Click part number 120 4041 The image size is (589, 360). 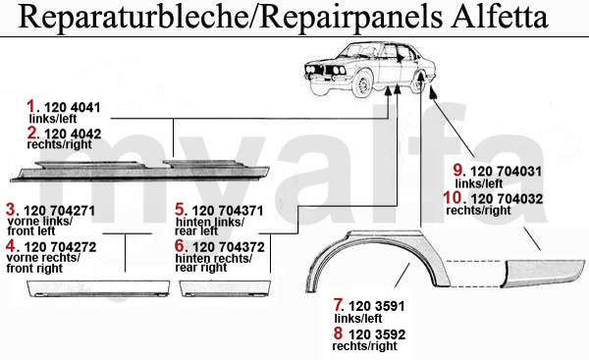(x=73, y=108)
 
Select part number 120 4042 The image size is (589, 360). (x=73, y=134)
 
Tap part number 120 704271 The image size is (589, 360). (x=59, y=211)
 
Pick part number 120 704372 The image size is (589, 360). (x=229, y=247)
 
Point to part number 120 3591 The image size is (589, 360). (x=376, y=306)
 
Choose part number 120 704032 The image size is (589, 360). (x=507, y=199)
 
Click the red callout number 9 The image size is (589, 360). (x=458, y=170)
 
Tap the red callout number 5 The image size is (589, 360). (x=180, y=210)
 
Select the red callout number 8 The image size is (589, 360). (x=338, y=333)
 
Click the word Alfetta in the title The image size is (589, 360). (x=499, y=18)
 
